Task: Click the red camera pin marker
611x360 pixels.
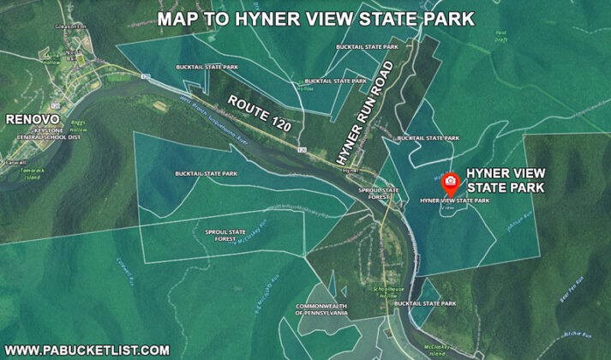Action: pos(449,183)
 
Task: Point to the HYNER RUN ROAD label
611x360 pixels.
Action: pos(362,112)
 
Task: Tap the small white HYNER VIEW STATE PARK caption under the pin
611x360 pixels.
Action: pos(454,201)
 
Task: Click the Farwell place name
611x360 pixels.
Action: pos(15,161)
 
